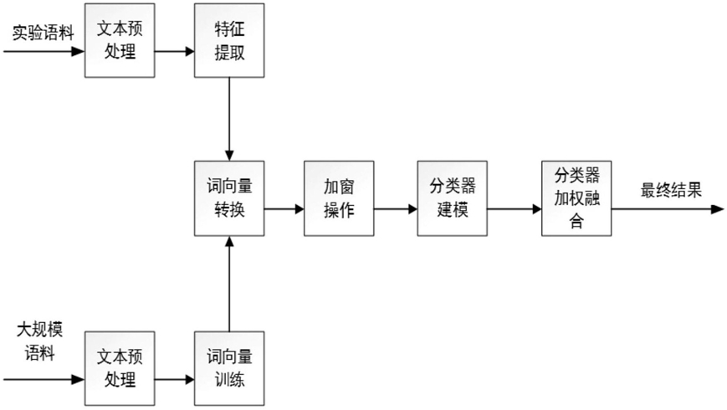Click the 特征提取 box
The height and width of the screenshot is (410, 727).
point(229,40)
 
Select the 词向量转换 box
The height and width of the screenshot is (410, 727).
point(229,198)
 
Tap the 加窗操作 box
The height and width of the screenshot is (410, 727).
point(339,198)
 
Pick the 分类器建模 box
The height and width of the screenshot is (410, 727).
point(452,198)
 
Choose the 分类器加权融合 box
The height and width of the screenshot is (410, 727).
point(576,198)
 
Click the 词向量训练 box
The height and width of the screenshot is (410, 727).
point(229,369)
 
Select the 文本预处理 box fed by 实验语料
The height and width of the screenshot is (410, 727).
point(120,40)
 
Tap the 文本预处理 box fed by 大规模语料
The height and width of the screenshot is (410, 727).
point(120,369)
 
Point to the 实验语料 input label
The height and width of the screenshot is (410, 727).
point(44,33)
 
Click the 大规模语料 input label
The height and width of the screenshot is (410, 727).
point(40,341)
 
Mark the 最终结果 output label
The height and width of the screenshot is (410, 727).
point(671,190)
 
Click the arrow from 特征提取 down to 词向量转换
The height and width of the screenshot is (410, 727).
point(229,119)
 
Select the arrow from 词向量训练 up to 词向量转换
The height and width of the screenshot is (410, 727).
point(229,284)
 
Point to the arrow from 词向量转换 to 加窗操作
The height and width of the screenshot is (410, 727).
point(284,209)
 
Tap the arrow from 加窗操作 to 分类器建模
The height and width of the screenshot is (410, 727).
point(396,209)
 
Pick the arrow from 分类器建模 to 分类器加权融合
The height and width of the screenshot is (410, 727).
point(515,209)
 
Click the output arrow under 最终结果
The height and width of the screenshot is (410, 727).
point(668,209)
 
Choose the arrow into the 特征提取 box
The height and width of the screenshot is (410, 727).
point(174,51)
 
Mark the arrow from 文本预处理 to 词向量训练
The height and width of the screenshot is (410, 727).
point(174,379)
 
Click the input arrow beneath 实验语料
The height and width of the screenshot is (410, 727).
point(44,51)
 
